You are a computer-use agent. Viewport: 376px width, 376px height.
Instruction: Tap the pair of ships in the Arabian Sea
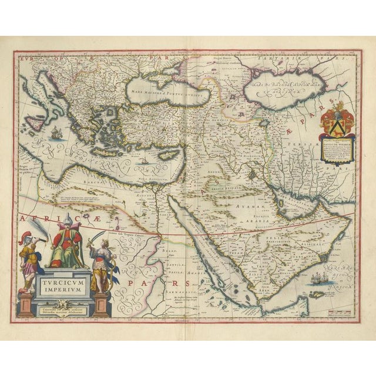pos(321,278)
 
